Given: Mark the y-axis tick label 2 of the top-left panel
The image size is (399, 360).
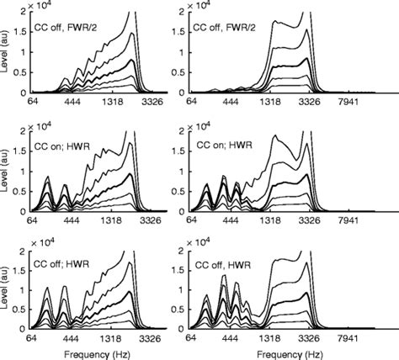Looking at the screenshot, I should [21, 19].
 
